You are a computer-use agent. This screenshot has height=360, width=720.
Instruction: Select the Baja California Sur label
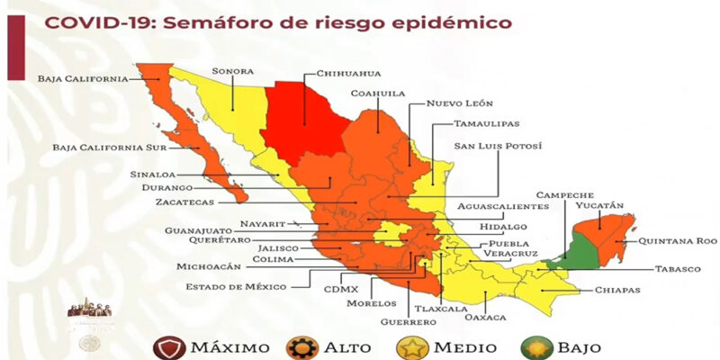point(102,146)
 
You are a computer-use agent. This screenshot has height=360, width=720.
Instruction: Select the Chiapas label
point(616,290)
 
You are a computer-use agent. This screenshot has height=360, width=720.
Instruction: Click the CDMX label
point(341,289)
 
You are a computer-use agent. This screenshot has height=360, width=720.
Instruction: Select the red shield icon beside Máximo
point(165,346)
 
